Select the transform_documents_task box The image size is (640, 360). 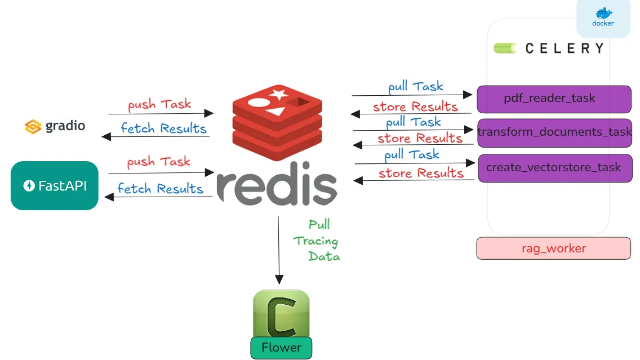(554, 132)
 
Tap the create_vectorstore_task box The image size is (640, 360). (554, 168)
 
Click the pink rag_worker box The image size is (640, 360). (553, 248)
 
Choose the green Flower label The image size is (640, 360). (281, 348)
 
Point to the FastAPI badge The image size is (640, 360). (55, 185)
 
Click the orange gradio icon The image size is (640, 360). (33, 126)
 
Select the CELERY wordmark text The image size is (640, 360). (564, 48)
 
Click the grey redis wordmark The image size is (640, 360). (277, 184)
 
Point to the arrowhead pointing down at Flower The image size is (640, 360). (279, 279)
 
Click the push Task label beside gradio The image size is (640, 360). (159, 104)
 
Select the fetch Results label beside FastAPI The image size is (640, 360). (160, 188)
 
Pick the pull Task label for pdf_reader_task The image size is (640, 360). (416, 87)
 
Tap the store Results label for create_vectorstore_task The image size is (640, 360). (421, 173)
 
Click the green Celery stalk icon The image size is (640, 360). (505, 48)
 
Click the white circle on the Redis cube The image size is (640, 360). (257, 103)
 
